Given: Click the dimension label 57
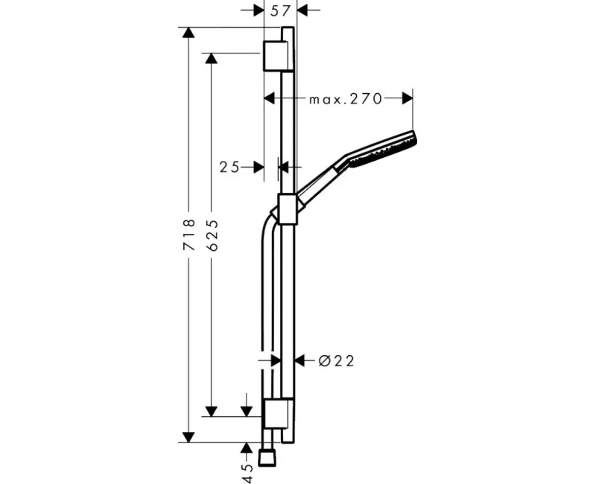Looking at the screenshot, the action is [x=280, y=11].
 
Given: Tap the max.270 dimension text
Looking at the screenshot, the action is [x=345, y=99].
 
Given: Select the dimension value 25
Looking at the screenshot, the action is [x=229, y=167].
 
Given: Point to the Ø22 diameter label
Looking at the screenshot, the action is [x=337, y=360].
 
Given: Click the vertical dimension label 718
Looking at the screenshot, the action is [x=189, y=234].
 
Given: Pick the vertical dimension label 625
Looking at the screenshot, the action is [x=213, y=235].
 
